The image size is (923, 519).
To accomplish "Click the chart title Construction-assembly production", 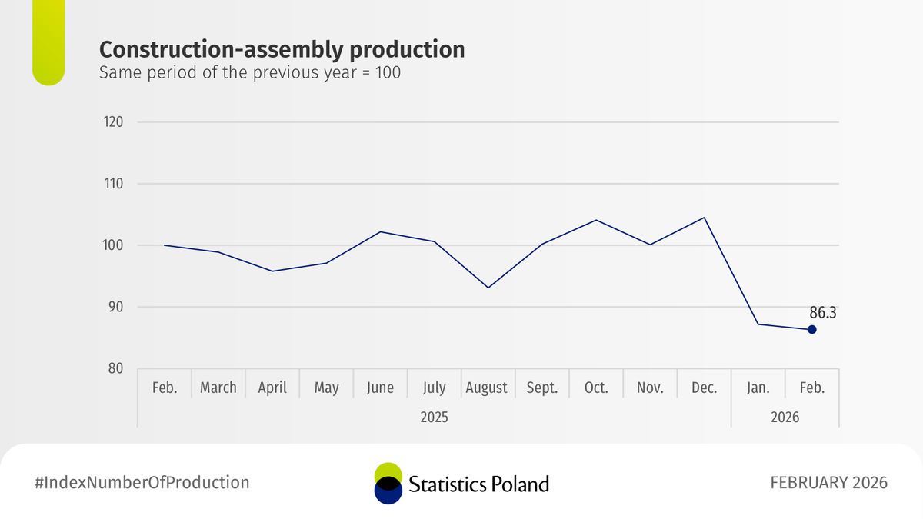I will pyautogui.click(x=282, y=50).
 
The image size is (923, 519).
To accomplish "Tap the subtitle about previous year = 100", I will pyautogui.click(x=250, y=75).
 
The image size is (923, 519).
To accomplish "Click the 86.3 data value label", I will pyautogui.click(x=823, y=313).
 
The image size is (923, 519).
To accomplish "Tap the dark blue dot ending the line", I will pyautogui.click(x=811, y=330).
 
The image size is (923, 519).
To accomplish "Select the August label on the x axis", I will pyautogui.click(x=486, y=388).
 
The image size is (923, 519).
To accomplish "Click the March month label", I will pyautogui.click(x=218, y=388).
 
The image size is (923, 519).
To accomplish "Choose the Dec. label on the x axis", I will pyautogui.click(x=704, y=388).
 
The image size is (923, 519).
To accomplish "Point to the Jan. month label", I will pyautogui.click(x=758, y=388).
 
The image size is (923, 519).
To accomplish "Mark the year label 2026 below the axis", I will pyautogui.click(x=785, y=418).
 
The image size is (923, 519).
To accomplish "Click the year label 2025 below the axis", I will pyautogui.click(x=434, y=418).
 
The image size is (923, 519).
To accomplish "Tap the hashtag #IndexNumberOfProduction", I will pyautogui.click(x=142, y=483).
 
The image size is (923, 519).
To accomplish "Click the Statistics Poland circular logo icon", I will pyautogui.click(x=388, y=483).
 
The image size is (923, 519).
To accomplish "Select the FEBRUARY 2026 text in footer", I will pyautogui.click(x=828, y=483).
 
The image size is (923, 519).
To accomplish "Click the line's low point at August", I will pyautogui.click(x=488, y=288).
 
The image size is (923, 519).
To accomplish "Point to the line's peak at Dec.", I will pyautogui.click(x=704, y=218).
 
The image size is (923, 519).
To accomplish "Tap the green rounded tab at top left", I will pyautogui.click(x=48, y=42).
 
